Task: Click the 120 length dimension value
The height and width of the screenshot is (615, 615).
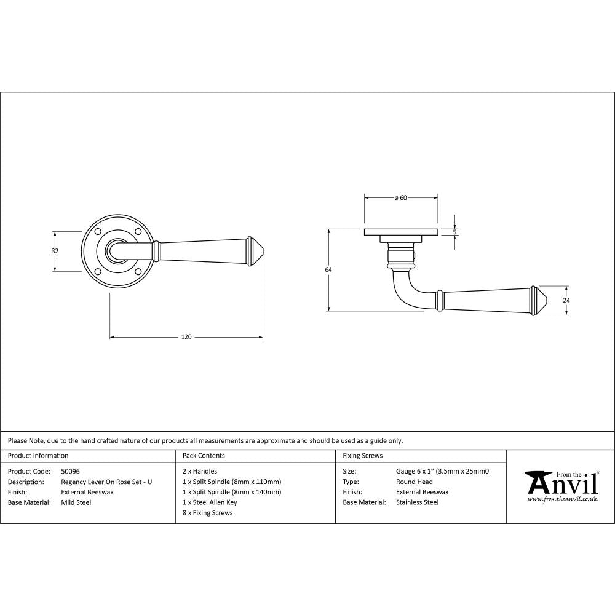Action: (186, 336)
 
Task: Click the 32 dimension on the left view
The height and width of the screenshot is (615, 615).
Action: (55, 251)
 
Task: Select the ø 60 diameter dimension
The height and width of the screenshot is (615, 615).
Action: (400, 198)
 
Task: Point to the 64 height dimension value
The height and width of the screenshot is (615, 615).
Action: (328, 269)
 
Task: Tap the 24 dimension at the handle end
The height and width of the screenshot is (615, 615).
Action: (566, 300)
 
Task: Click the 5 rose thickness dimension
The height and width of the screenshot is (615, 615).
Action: (454, 232)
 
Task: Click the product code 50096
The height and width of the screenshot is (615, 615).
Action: (71, 472)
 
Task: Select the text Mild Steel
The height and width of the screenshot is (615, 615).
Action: (76, 502)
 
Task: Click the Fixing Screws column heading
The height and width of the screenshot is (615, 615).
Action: (362, 456)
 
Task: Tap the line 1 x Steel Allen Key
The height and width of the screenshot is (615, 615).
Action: (210, 502)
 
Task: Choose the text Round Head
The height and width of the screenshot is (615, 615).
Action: (414, 482)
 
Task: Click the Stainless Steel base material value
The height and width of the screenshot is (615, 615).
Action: (417, 502)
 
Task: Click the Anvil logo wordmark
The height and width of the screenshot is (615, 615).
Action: (561, 483)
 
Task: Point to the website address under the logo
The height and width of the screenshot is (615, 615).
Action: (562, 499)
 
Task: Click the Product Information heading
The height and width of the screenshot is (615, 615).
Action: (38, 456)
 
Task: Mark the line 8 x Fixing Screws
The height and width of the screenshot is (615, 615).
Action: (208, 513)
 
